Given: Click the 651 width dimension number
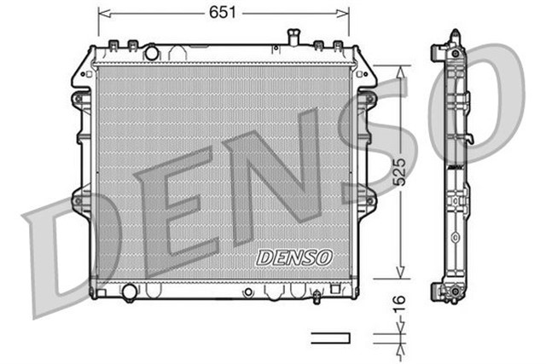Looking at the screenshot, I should click(224, 12).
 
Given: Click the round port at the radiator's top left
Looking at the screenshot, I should click(152, 53).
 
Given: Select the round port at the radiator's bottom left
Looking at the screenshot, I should click(130, 292).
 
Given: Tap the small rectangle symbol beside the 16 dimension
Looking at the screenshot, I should click(330, 338).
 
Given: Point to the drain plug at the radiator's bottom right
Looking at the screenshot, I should click(316, 298).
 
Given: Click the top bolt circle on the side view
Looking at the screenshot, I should click(455, 53).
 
